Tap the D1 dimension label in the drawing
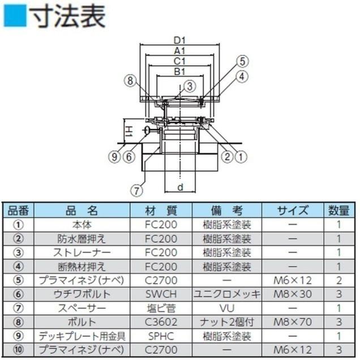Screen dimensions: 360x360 point(180,41)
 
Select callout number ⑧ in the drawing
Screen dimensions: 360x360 point(130,81)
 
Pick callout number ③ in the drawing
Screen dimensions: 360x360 point(188,86)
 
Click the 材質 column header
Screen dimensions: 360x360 point(161,211)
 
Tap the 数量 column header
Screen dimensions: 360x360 point(338,211)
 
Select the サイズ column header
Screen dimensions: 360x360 point(292,211)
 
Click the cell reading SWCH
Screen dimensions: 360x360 point(161,294)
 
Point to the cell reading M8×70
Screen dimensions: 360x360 point(292,322)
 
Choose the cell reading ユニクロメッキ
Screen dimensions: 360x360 point(226,294)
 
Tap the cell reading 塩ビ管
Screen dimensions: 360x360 point(161,308)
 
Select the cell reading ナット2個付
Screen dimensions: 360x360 point(226,322)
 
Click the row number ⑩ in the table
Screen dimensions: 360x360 point(19,349)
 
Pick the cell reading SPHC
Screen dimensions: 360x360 point(161,336)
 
